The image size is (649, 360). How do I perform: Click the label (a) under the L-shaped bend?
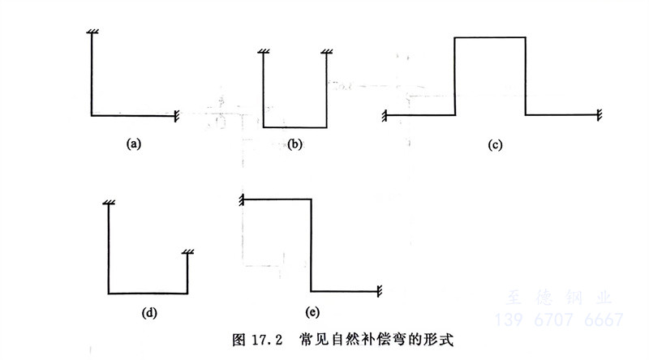click(x=134, y=144)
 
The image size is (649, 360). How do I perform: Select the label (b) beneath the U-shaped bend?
click(x=294, y=144)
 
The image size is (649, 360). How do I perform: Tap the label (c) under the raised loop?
click(x=496, y=145)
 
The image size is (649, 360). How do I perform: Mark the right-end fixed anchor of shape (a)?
click(x=176, y=116)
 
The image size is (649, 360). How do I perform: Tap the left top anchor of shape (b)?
click(x=264, y=54)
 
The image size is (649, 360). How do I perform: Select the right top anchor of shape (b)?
click(x=326, y=54)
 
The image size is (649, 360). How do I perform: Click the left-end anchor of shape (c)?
click(x=384, y=115)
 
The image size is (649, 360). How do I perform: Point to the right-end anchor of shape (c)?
click(x=599, y=115)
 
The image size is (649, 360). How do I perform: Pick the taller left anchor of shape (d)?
click(x=109, y=203)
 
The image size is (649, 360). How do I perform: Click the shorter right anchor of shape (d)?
click(x=187, y=255)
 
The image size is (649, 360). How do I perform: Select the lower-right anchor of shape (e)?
click(x=380, y=290)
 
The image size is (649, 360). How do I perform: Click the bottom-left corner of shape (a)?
click(x=92, y=116)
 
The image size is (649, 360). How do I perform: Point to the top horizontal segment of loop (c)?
click(x=489, y=37)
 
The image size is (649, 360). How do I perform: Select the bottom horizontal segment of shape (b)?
click(x=294, y=126)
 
